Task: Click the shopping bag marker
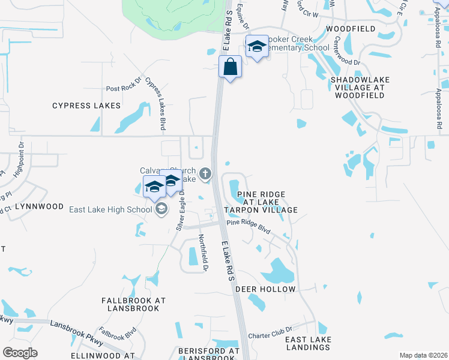231,67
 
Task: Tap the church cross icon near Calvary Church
205,174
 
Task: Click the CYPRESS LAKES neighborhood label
86,106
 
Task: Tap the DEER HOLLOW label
265,289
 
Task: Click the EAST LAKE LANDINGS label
308,344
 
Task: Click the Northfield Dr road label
203,252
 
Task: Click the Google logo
20,353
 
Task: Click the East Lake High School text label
111,209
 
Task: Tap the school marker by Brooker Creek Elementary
257,47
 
